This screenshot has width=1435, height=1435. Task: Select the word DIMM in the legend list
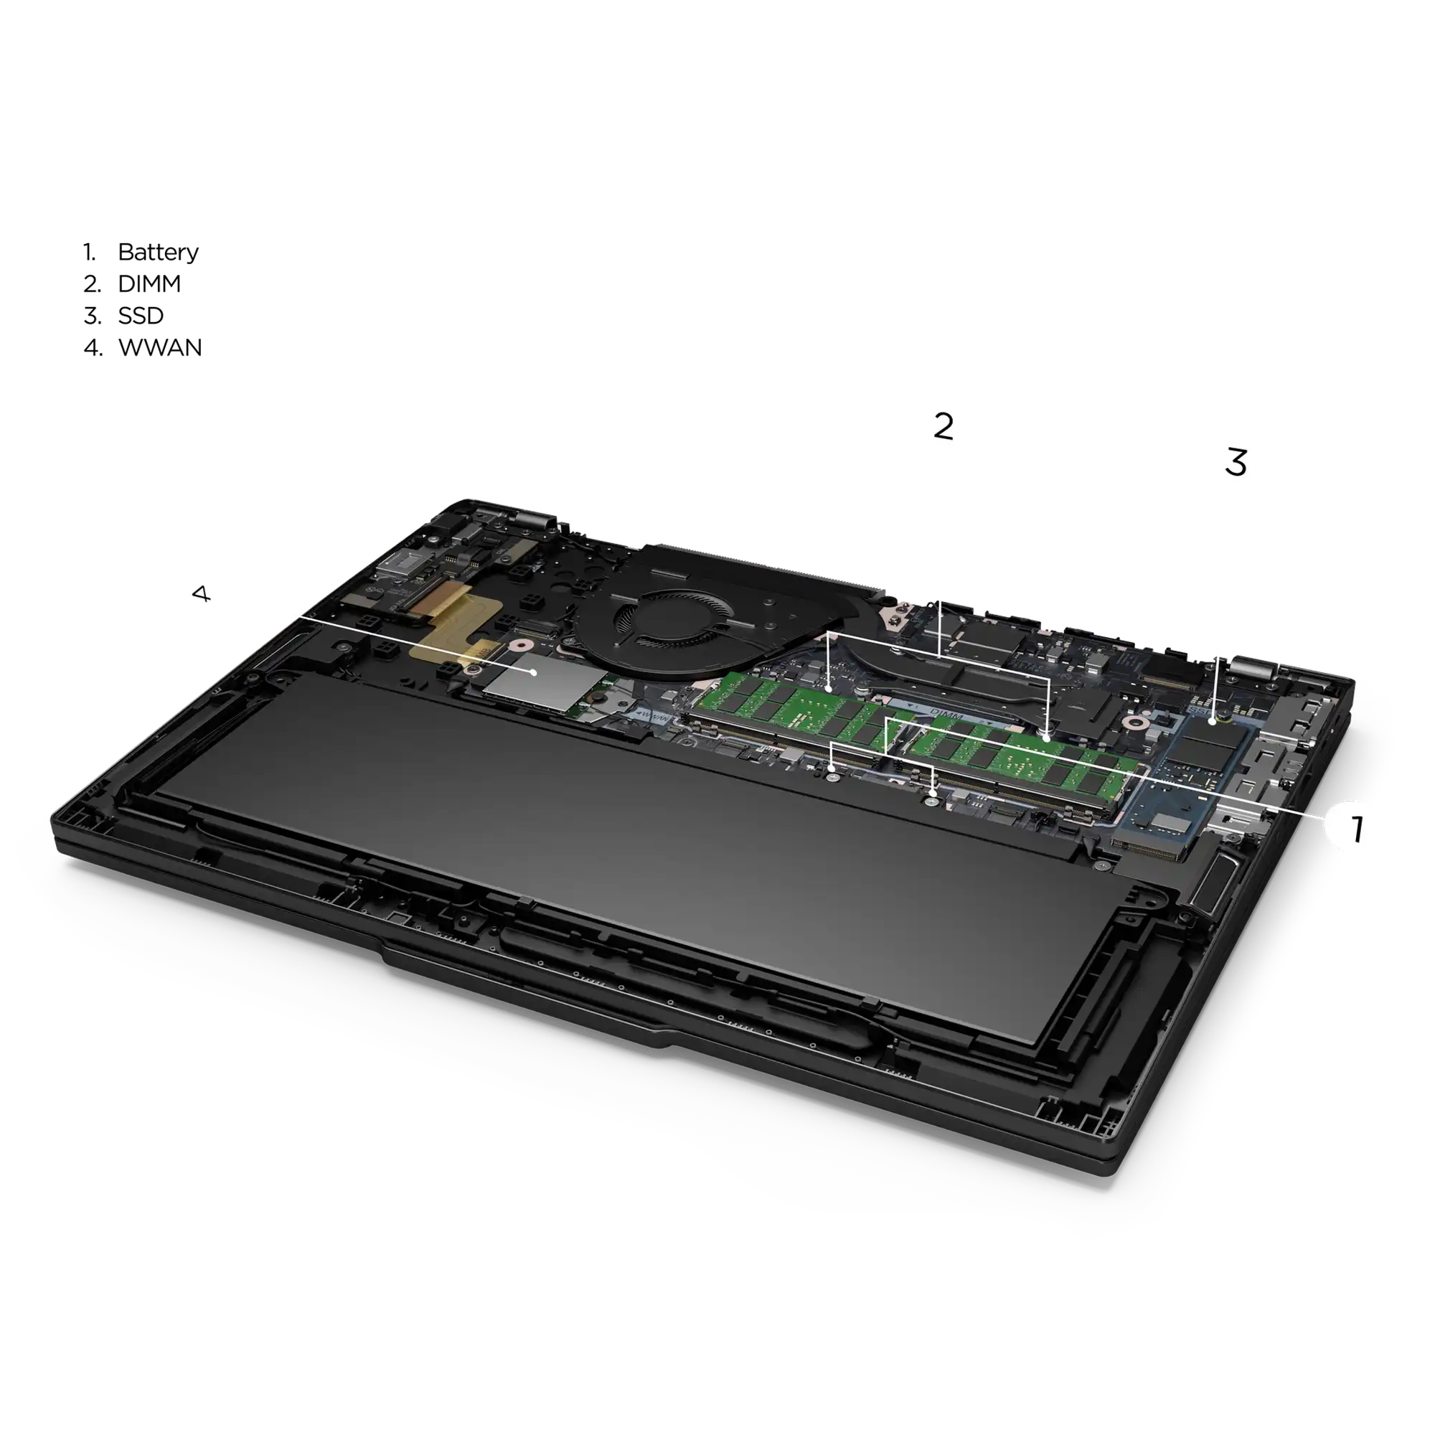(x=149, y=283)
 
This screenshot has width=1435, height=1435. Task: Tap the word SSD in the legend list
(x=141, y=316)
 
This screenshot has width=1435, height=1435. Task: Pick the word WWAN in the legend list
(x=160, y=347)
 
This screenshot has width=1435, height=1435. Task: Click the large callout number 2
(x=944, y=426)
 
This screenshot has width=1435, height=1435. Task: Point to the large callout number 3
(x=1236, y=462)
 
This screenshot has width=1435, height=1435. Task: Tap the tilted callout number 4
(x=202, y=593)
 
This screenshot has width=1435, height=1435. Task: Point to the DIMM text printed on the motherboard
(x=947, y=715)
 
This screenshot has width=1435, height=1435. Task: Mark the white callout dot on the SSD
(x=1212, y=721)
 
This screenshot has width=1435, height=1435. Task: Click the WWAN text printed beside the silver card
(x=653, y=716)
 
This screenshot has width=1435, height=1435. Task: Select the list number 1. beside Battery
(x=90, y=252)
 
